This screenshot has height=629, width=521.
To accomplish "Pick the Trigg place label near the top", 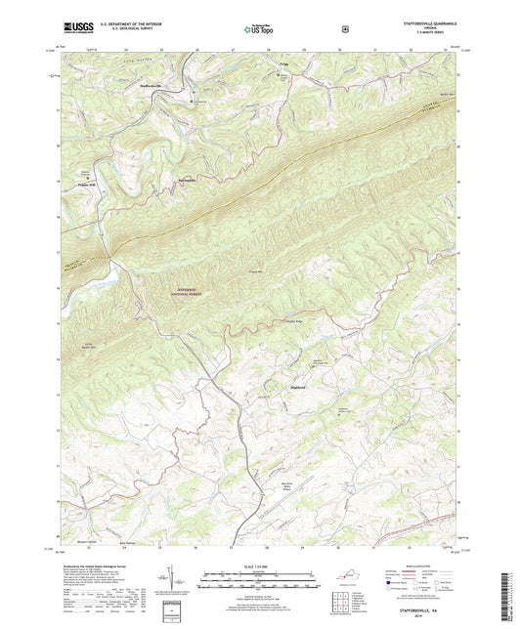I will tap(284, 63).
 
